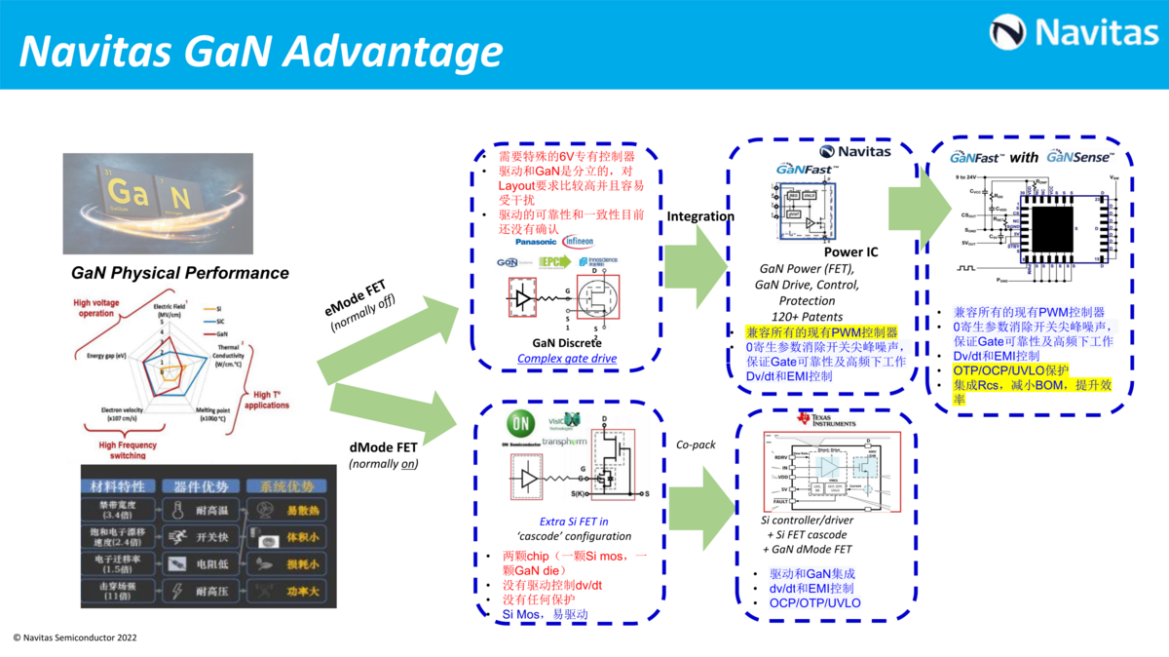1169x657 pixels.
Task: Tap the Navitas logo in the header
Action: tap(1074, 33)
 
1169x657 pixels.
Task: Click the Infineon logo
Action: tap(577, 241)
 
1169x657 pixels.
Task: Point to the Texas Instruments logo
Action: tap(825, 419)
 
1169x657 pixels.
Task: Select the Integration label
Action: tap(700, 215)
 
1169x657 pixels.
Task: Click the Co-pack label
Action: tap(696, 444)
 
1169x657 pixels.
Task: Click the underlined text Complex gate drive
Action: tap(567, 359)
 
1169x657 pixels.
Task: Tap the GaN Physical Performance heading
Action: tap(180, 273)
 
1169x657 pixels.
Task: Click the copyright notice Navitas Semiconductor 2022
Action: tap(75, 638)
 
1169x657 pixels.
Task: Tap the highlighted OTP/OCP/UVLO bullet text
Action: tap(1010, 370)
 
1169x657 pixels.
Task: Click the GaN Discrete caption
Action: tap(566, 342)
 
